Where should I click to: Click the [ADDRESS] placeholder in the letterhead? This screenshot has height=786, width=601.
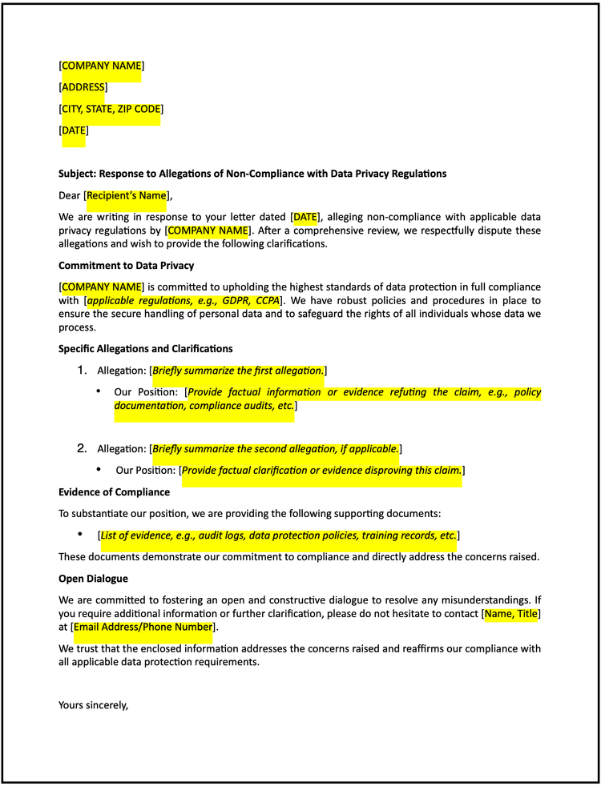[x=83, y=87]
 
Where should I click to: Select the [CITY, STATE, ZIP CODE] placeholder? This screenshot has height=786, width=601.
[x=111, y=109]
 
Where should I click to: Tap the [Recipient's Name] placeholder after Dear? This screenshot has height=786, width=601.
[x=126, y=195]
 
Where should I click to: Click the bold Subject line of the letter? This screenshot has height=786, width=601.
[x=252, y=174]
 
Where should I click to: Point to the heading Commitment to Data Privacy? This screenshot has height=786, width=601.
[x=126, y=266]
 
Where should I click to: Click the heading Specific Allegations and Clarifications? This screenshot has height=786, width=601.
[x=145, y=349]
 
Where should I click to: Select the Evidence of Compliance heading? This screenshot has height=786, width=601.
[x=114, y=492]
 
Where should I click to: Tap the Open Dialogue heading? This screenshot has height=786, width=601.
[x=93, y=579]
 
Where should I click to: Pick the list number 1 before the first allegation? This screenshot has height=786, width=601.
[x=81, y=370]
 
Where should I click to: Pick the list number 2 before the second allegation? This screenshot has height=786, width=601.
[x=81, y=448]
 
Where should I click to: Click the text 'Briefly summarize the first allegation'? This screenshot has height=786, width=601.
[x=237, y=371]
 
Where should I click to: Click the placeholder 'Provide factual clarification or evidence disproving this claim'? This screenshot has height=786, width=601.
[x=322, y=471]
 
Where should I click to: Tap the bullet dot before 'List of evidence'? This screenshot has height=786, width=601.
[x=80, y=534]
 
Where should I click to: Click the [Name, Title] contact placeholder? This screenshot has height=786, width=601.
[x=511, y=614]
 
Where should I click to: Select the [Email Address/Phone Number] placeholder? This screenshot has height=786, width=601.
[x=143, y=628]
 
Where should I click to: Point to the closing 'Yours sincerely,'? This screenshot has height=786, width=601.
[x=93, y=705]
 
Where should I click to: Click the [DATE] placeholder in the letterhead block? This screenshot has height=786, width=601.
[x=75, y=130]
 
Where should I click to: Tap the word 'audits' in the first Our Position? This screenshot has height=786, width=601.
[x=241, y=406]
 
